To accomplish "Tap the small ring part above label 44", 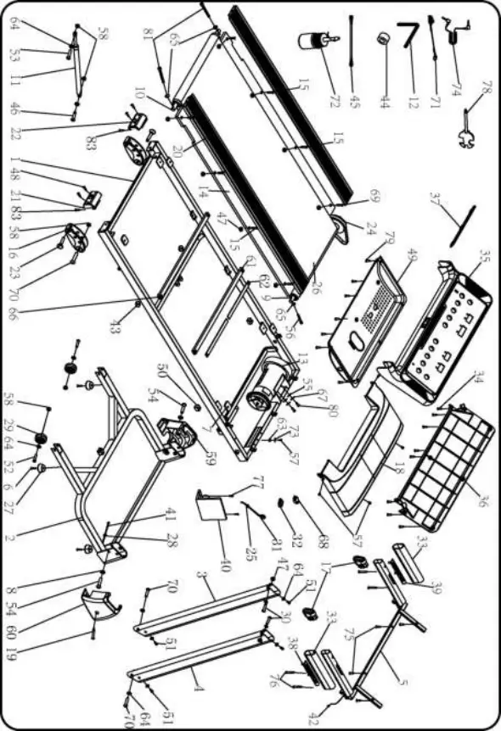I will pos(385,38).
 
